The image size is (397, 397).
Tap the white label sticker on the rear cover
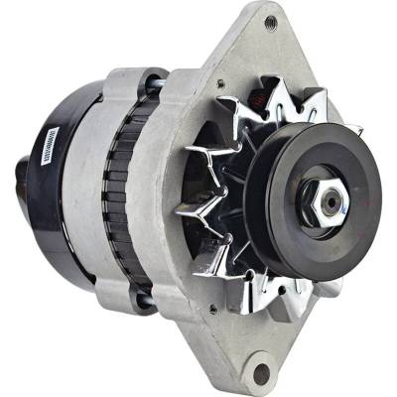tap(46, 160)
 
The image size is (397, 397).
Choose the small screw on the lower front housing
tap(212, 309)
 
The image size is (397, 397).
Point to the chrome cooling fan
tap(213, 198)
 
